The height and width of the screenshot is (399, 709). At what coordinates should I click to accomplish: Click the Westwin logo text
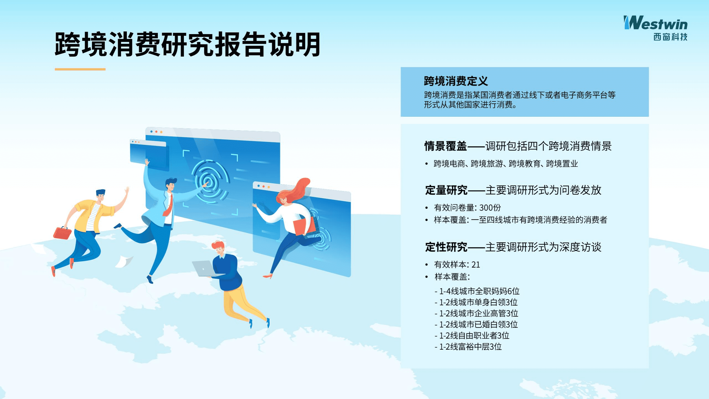656,23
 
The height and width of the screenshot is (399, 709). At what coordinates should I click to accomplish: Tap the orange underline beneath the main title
80,69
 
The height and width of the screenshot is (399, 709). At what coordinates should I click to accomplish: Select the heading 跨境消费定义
456,81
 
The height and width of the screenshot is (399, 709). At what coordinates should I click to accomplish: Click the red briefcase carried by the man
62,233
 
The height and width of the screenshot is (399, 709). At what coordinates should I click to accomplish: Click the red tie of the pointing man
169,207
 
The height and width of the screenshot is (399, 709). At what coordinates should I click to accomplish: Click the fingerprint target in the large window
209,182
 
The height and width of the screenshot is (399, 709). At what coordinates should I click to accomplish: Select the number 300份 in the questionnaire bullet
490,208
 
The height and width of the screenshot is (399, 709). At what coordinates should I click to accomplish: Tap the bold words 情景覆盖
446,146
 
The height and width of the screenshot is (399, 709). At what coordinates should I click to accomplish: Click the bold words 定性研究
446,247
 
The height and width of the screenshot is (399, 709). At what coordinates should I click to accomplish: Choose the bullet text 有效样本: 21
457,265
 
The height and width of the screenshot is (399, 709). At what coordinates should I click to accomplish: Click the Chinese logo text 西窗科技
670,37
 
